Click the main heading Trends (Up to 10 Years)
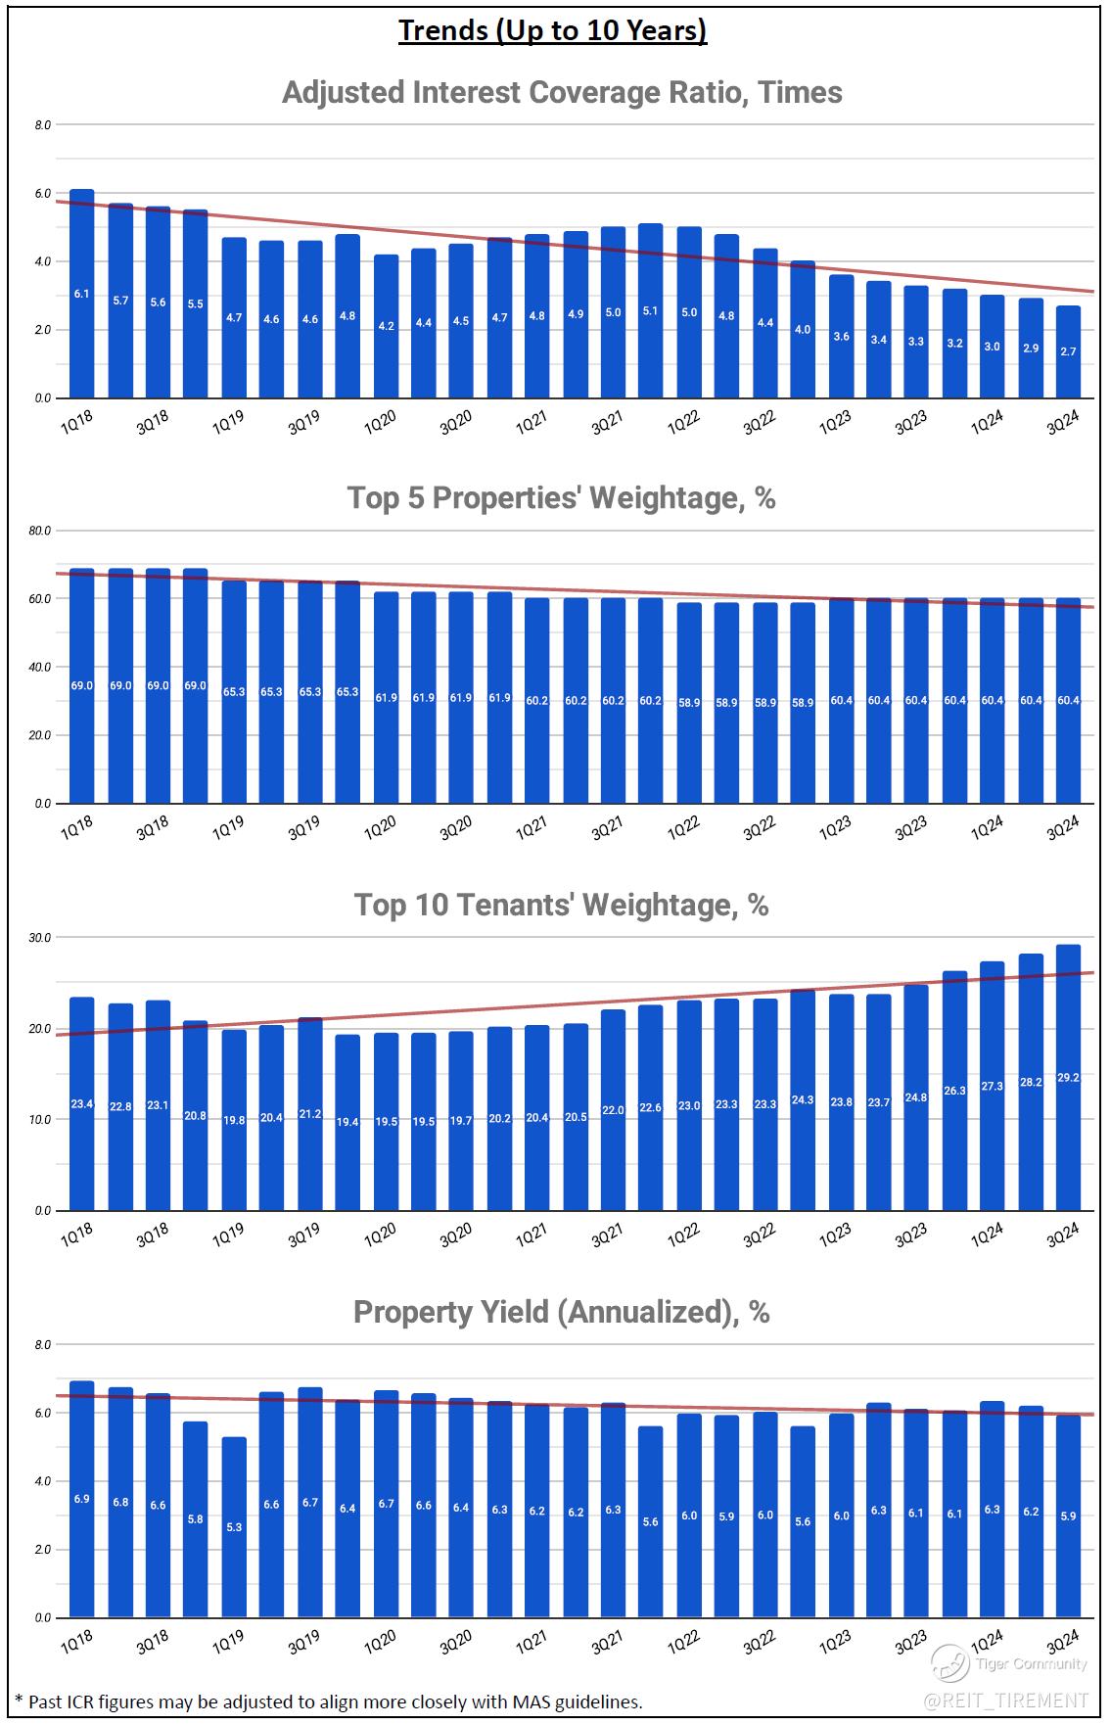coord(553,30)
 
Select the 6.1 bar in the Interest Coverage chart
coord(82,294)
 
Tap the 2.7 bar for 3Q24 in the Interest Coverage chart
coord(1068,351)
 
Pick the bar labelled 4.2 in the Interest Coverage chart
coord(386,326)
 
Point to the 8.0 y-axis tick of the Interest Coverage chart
coord(42,125)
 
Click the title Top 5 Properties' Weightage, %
coord(561,498)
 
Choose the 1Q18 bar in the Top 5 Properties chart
coord(82,685)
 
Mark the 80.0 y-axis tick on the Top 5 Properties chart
coord(40,531)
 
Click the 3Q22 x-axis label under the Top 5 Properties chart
coord(759,828)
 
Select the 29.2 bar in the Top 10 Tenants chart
coord(1068,1077)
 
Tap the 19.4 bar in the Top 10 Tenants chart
coord(347,1122)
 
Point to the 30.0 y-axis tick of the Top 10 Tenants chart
coord(40,938)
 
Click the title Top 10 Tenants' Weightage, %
coord(561,905)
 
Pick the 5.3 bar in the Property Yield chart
coord(234,1527)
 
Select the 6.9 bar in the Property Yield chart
coord(82,1498)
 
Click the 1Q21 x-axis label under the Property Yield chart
coord(531,1641)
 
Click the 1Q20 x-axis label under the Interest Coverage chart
coord(380,422)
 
